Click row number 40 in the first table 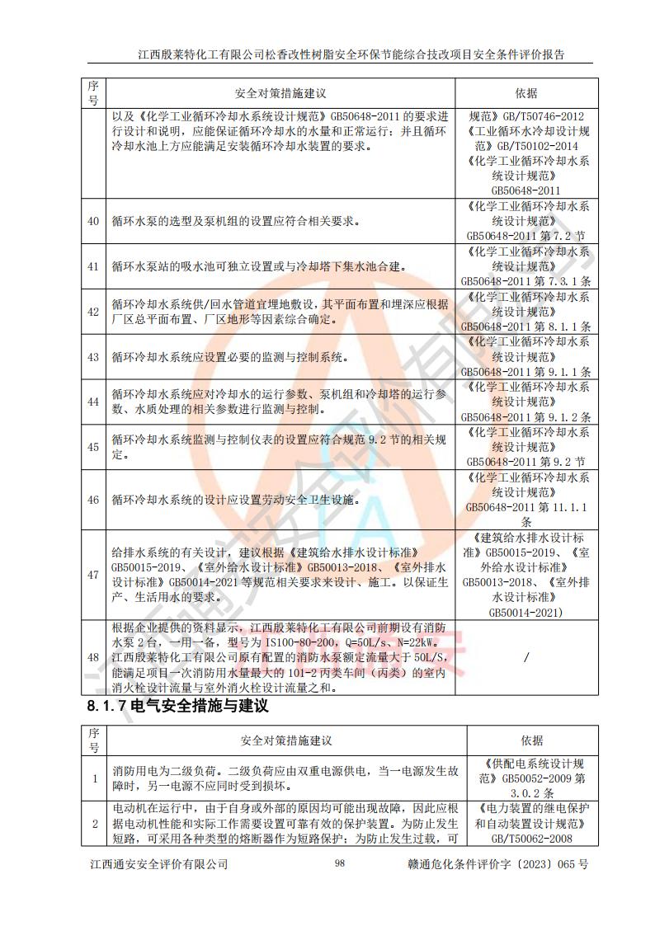coord(93,220)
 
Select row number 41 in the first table coord(93,266)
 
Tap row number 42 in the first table coord(93,312)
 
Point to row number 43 coord(93,357)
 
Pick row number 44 coord(93,402)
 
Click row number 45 coord(93,447)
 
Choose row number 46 coord(93,500)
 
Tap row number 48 coord(93,656)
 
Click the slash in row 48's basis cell coord(525,656)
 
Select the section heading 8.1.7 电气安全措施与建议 coord(177,706)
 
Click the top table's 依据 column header coord(525,93)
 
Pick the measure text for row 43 coord(230,357)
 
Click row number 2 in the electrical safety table coord(93,823)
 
